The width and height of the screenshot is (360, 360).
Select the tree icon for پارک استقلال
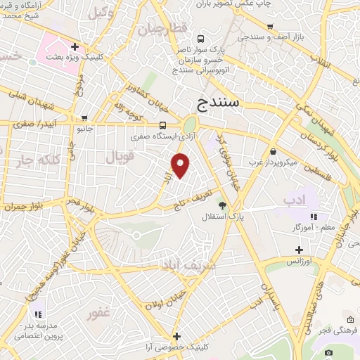[223, 205]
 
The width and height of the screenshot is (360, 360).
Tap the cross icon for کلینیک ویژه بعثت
[84, 46]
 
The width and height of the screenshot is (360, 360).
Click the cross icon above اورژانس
[299, 250]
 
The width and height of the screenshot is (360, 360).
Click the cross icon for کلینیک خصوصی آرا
[177, 336]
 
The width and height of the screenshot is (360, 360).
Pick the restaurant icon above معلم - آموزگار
[314, 217]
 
